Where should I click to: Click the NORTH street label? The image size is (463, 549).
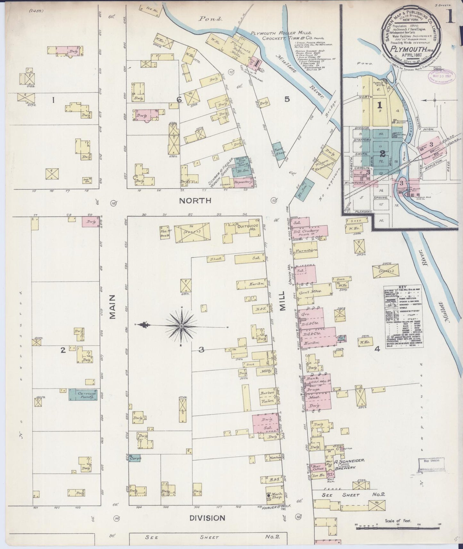tap(195, 201)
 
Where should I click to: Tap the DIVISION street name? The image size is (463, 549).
tap(207, 518)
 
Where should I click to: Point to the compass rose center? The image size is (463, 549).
tap(182, 326)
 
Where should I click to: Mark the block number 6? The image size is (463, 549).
tap(179, 100)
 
